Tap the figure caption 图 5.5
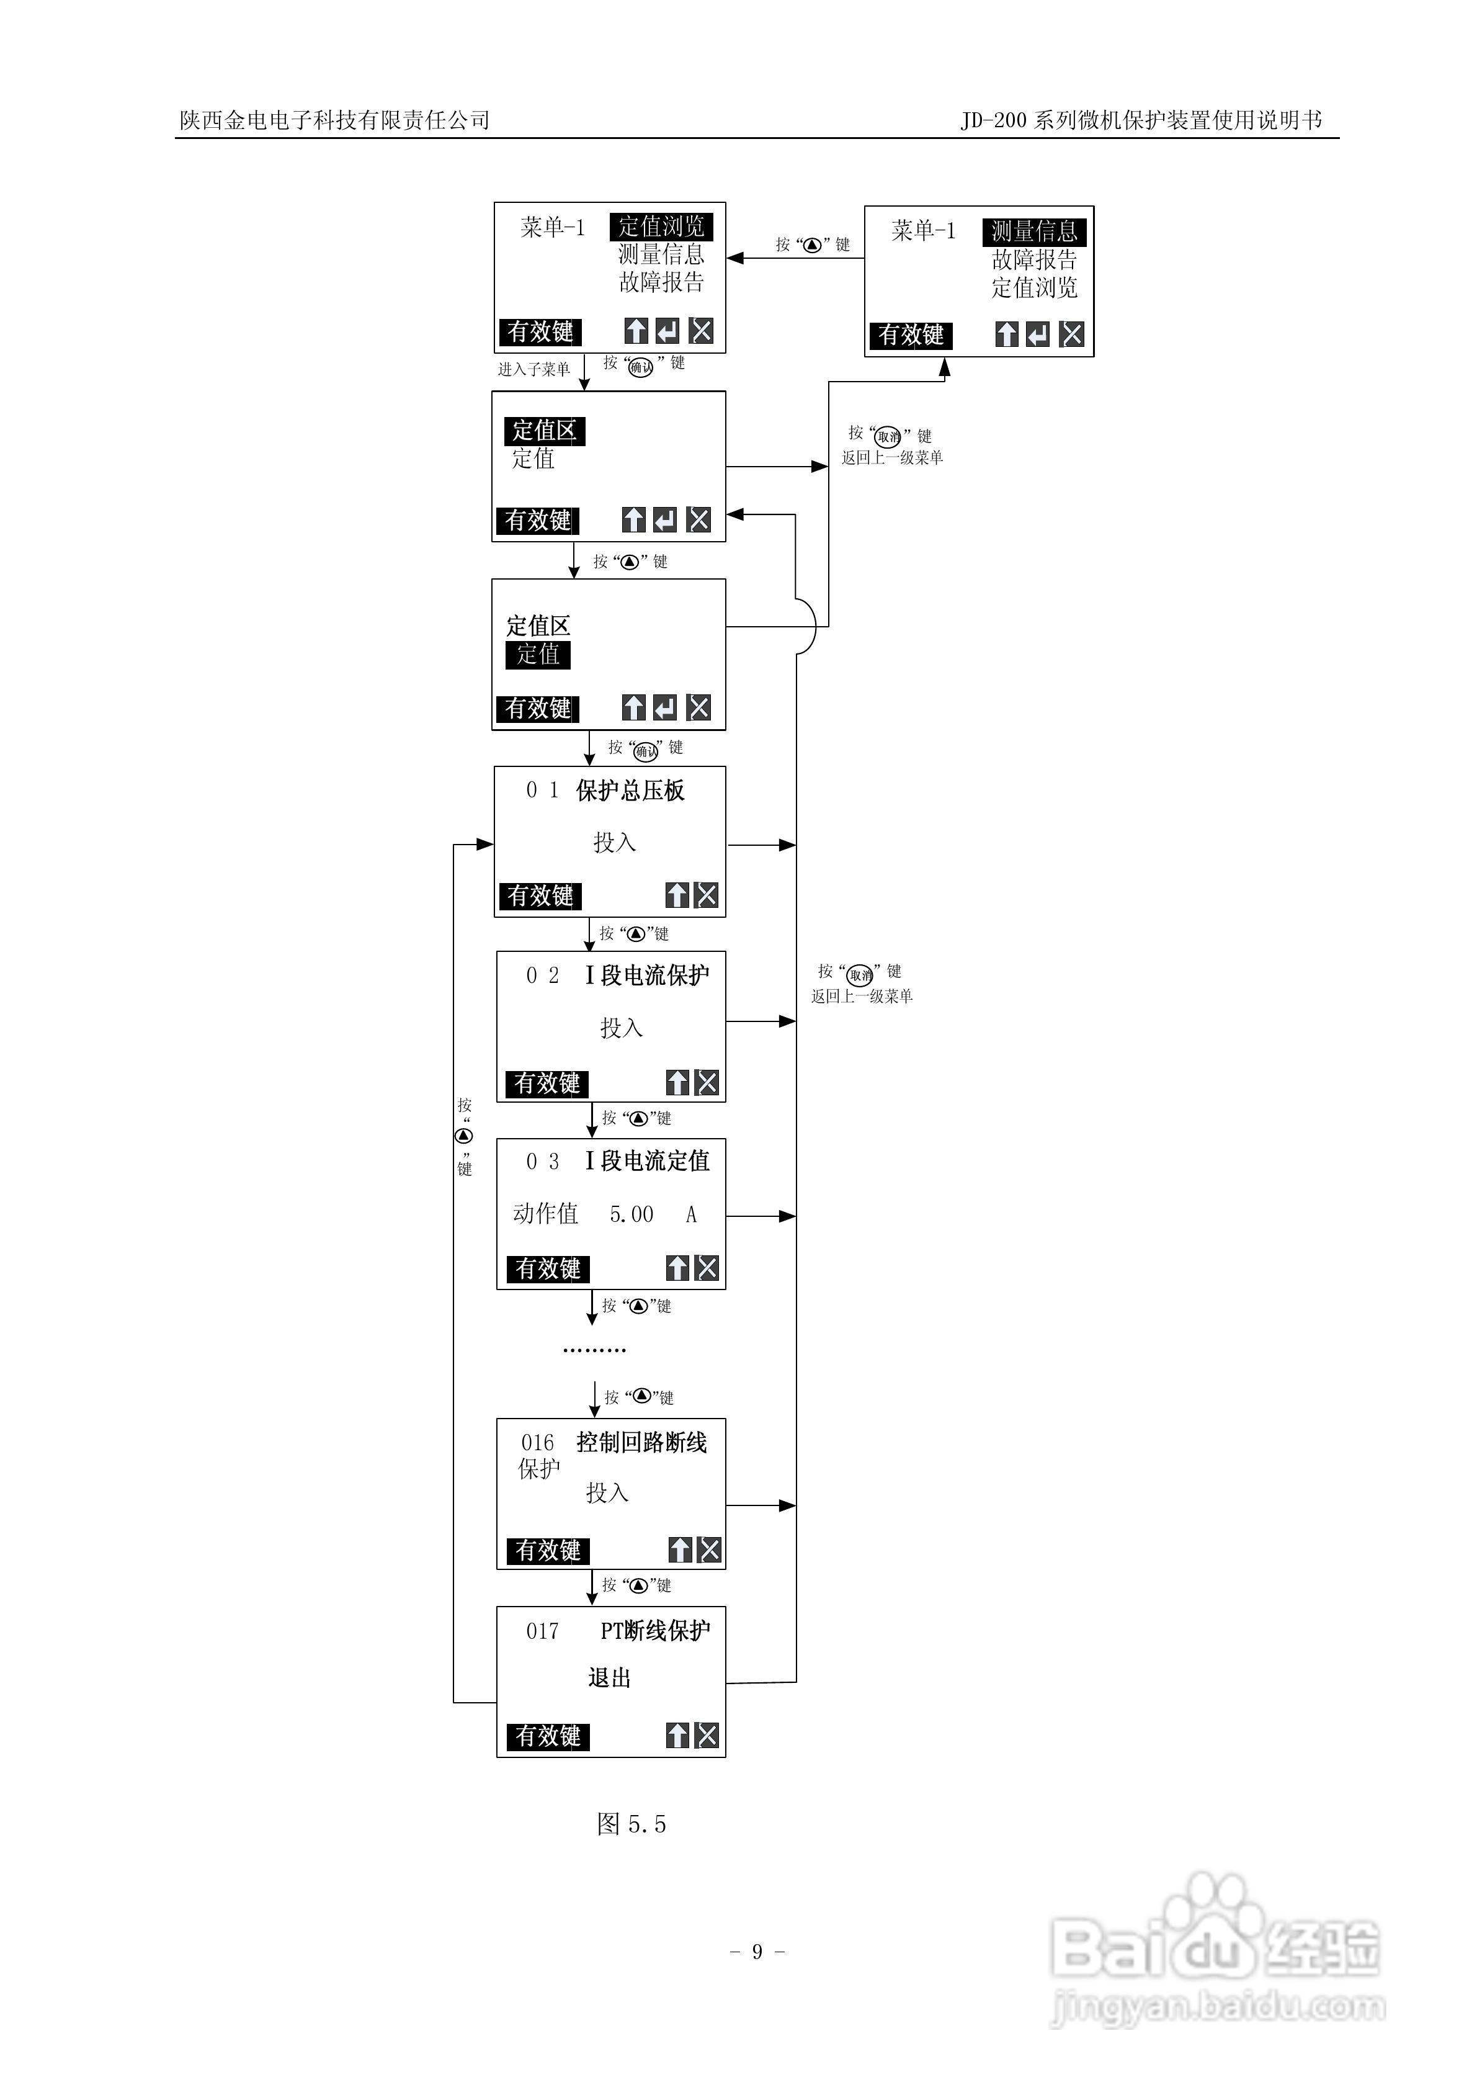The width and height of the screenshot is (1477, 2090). point(631,1823)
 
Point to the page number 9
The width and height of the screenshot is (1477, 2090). point(757,1951)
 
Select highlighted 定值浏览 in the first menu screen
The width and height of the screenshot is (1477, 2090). point(661,226)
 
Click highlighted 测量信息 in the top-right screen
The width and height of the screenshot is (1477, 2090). point(1034,231)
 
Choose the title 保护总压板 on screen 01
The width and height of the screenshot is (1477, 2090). point(630,790)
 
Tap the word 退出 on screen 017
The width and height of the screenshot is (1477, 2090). point(609,1677)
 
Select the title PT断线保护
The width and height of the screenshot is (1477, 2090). point(655,1630)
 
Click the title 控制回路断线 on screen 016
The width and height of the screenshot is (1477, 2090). point(641,1442)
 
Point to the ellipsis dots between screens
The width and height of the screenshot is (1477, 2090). point(594,1350)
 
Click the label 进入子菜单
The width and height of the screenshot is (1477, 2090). point(533,369)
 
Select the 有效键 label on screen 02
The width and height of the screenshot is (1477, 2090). point(547,1083)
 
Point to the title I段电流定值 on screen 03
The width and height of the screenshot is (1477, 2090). point(647,1160)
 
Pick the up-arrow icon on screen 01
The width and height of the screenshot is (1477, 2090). point(677,895)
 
